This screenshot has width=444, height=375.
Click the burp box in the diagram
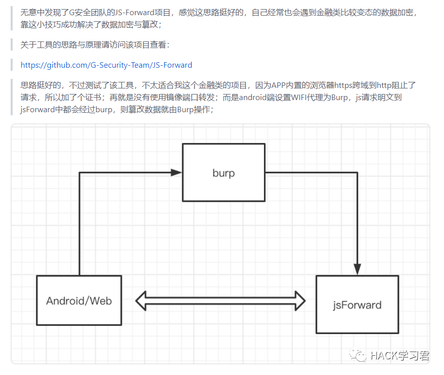point(224,172)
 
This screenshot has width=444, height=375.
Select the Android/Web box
point(79,300)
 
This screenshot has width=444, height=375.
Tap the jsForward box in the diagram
point(357,304)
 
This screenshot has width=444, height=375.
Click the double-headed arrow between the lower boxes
point(220,301)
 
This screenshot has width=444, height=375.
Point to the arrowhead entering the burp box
point(176,172)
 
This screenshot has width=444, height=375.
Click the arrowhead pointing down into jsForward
point(357,269)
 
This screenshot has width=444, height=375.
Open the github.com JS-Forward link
point(106,65)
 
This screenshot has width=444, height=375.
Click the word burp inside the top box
point(224,173)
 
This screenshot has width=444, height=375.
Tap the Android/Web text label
point(79,301)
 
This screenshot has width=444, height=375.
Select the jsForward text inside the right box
point(357,305)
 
